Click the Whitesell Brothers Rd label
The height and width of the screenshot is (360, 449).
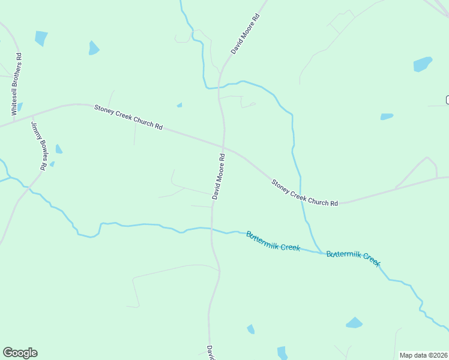point(17,85)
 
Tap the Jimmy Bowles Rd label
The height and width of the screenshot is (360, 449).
point(38,146)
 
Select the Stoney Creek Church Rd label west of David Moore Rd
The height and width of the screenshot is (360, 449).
point(128,118)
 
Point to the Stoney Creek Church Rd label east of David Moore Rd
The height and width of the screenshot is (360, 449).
point(304,193)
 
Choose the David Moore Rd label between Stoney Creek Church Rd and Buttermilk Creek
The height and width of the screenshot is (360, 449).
point(218,176)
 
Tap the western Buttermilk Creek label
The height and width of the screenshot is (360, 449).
point(273,241)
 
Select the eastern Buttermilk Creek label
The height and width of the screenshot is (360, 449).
point(354,258)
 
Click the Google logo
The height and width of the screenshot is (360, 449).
point(20,353)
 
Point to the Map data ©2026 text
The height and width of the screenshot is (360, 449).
point(424,355)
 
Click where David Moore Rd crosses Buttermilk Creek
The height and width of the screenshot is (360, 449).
point(212,229)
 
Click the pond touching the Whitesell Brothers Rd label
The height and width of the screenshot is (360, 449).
point(20,107)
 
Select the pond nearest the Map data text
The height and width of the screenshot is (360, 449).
point(354,323)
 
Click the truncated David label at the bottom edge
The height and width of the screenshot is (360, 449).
point(211,353)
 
